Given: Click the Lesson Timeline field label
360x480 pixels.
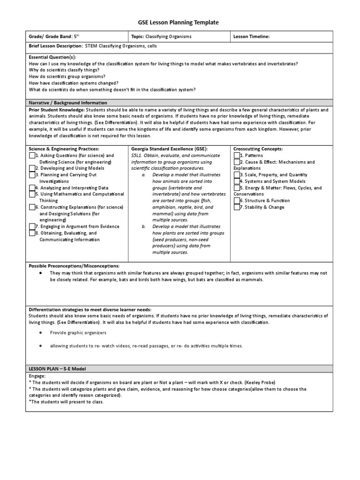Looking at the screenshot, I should [251, 36].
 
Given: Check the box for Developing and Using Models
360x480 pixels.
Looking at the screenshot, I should [32, 168].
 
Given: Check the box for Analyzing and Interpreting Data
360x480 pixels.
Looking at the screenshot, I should [32, 187].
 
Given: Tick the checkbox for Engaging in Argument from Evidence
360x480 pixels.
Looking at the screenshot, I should [32, 226].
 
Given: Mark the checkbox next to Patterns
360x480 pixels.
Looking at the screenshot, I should [236, 155].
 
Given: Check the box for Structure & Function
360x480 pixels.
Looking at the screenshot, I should [236, 200].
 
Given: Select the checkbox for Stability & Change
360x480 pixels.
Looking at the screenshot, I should [236, 207].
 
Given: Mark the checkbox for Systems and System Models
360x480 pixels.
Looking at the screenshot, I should [236, 181].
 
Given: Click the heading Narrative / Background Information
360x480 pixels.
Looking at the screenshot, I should [68, 103].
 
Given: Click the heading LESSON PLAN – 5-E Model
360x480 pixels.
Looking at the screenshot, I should [59, 369].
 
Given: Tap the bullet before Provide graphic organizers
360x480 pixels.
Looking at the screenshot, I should [41, 332].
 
